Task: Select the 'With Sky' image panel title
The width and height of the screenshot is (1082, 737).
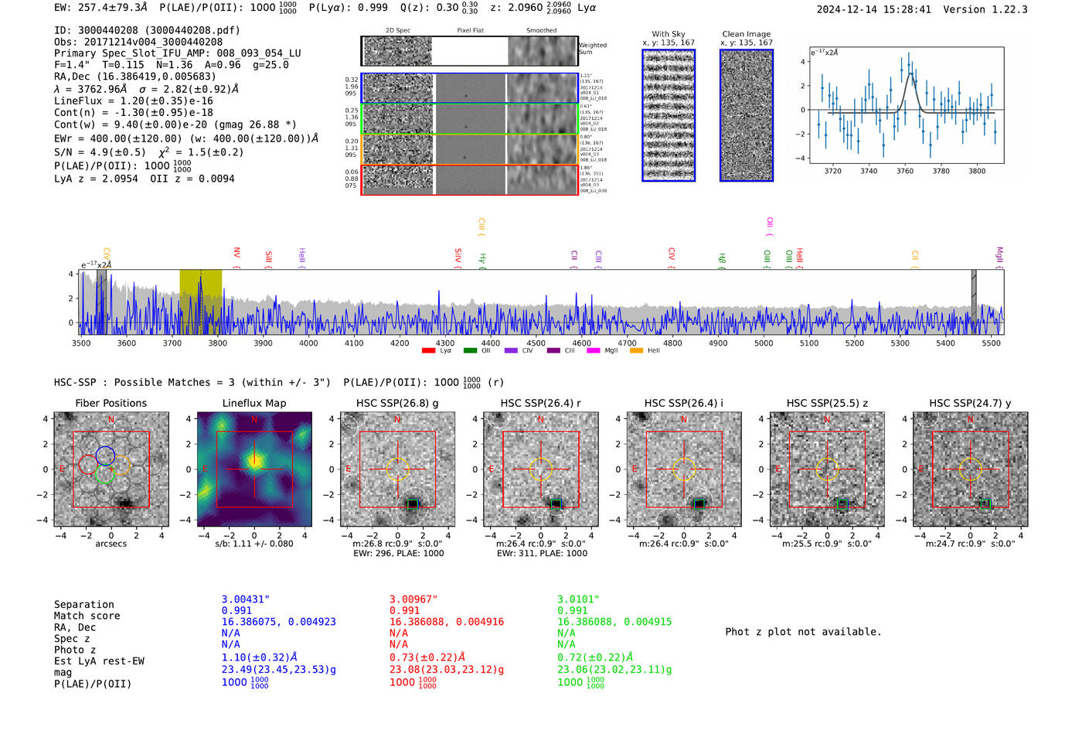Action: (x=668, y=34)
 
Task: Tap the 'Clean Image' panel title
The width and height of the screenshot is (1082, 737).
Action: (x=746, y=34)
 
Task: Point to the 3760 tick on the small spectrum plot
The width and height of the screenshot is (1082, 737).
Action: (x=904, y=171)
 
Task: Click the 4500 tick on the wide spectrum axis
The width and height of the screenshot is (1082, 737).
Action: (x=536, y=343)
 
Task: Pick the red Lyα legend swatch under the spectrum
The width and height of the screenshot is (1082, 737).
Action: (x=428, y=350)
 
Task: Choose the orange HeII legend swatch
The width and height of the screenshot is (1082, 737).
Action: (x=636, y=350)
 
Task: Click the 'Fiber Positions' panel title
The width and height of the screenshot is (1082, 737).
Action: (x=111, y=403)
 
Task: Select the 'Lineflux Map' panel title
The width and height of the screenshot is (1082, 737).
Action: (x=253, y=403)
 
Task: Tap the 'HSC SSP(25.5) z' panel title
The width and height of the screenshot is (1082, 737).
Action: (x=827, y=403)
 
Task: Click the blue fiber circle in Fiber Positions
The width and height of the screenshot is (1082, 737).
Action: (x=105, y=456)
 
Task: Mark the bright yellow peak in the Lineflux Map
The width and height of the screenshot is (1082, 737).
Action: (x=253, y=462)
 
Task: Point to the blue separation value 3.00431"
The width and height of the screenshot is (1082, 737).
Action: (x=245, y=599)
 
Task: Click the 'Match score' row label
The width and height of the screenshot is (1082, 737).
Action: (x=87, y=616)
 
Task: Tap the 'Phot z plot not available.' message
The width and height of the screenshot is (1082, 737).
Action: (x=803, y=632)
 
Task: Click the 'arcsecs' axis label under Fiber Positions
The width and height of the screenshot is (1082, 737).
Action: (x=111, y=544)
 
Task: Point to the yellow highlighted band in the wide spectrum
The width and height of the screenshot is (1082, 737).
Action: (x=200, y=302)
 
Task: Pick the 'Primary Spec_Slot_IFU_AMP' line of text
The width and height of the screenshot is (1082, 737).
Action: (x=177, y=53)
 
